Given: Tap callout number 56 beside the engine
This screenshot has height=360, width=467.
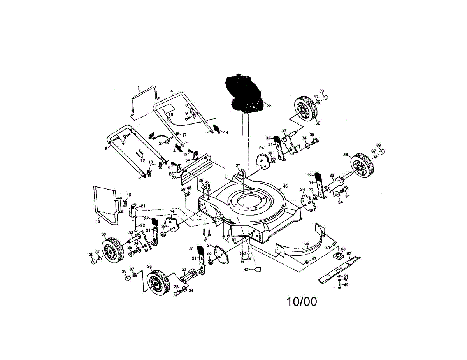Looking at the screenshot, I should (268, 105).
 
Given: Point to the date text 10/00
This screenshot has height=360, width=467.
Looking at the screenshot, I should (302, 301).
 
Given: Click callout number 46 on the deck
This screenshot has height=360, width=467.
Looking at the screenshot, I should (285, 186).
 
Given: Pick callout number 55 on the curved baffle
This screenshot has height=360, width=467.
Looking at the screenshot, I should (307, 244).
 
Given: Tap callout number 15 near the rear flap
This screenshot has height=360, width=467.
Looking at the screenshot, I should (98, 221).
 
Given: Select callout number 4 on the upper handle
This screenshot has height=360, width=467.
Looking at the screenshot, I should (172, 91).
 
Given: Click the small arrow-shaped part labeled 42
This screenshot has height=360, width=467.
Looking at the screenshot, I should (257, 269).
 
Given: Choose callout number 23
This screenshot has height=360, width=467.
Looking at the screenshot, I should (174, 177).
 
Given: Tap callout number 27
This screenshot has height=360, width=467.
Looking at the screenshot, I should (238, 165).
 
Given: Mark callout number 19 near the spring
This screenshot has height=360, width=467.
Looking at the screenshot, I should (129, 195).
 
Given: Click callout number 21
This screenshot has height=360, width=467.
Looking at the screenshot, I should (143, 206).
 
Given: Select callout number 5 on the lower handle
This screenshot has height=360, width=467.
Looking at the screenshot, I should (106, 148).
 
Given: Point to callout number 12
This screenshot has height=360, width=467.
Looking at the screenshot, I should (142, 160).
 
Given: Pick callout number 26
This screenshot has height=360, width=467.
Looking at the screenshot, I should (201, 180).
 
